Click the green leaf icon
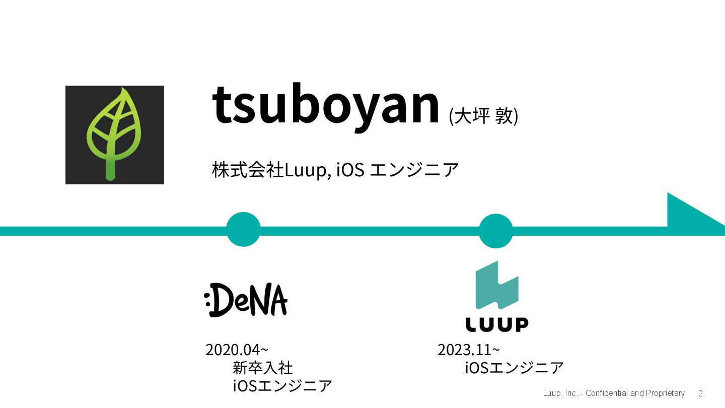(x=114, y=134)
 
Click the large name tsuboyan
(x=326, y=105)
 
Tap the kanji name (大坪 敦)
(x=483, y=116)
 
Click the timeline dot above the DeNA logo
(x=243, y=229)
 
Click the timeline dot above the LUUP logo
(x=496, y=231)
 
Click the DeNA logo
(x=246, y=300)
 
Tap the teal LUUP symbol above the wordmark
(x=497, y=285)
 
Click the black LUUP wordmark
(x=496, y=324)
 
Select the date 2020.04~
(x=237, y=350)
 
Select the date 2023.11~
(x=469, y=350)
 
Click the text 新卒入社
(x=263, y=367)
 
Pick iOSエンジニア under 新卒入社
(x=282, y=386)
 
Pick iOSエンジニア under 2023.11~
(x=514, y=367)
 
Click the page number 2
(x=700, y=394)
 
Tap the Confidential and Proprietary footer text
(x=635, y=393)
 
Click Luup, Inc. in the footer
(x=560, y=393)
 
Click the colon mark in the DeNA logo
(x=207, y=299)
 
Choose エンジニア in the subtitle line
(x=414, y=170)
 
